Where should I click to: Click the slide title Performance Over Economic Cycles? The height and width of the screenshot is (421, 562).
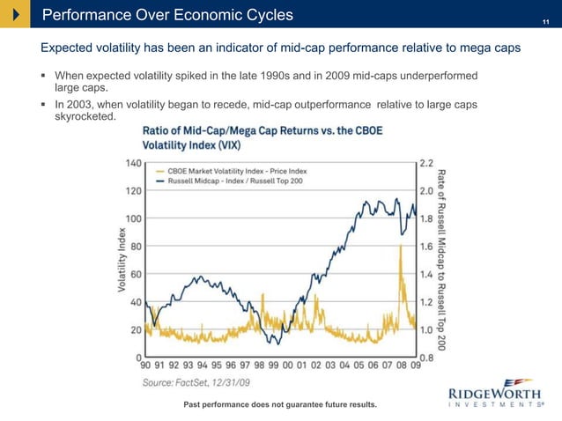point(167,15)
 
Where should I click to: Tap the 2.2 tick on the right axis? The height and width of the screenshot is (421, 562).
point(425,163)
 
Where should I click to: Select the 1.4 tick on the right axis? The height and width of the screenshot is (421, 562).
point(425,274)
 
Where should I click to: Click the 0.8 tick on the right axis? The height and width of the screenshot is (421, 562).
point(425,357)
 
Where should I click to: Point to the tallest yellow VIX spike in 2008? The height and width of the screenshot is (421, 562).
point(401,247)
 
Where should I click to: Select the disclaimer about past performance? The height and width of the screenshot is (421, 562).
point(279,404)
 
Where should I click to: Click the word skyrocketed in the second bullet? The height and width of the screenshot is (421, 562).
point(85,117)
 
